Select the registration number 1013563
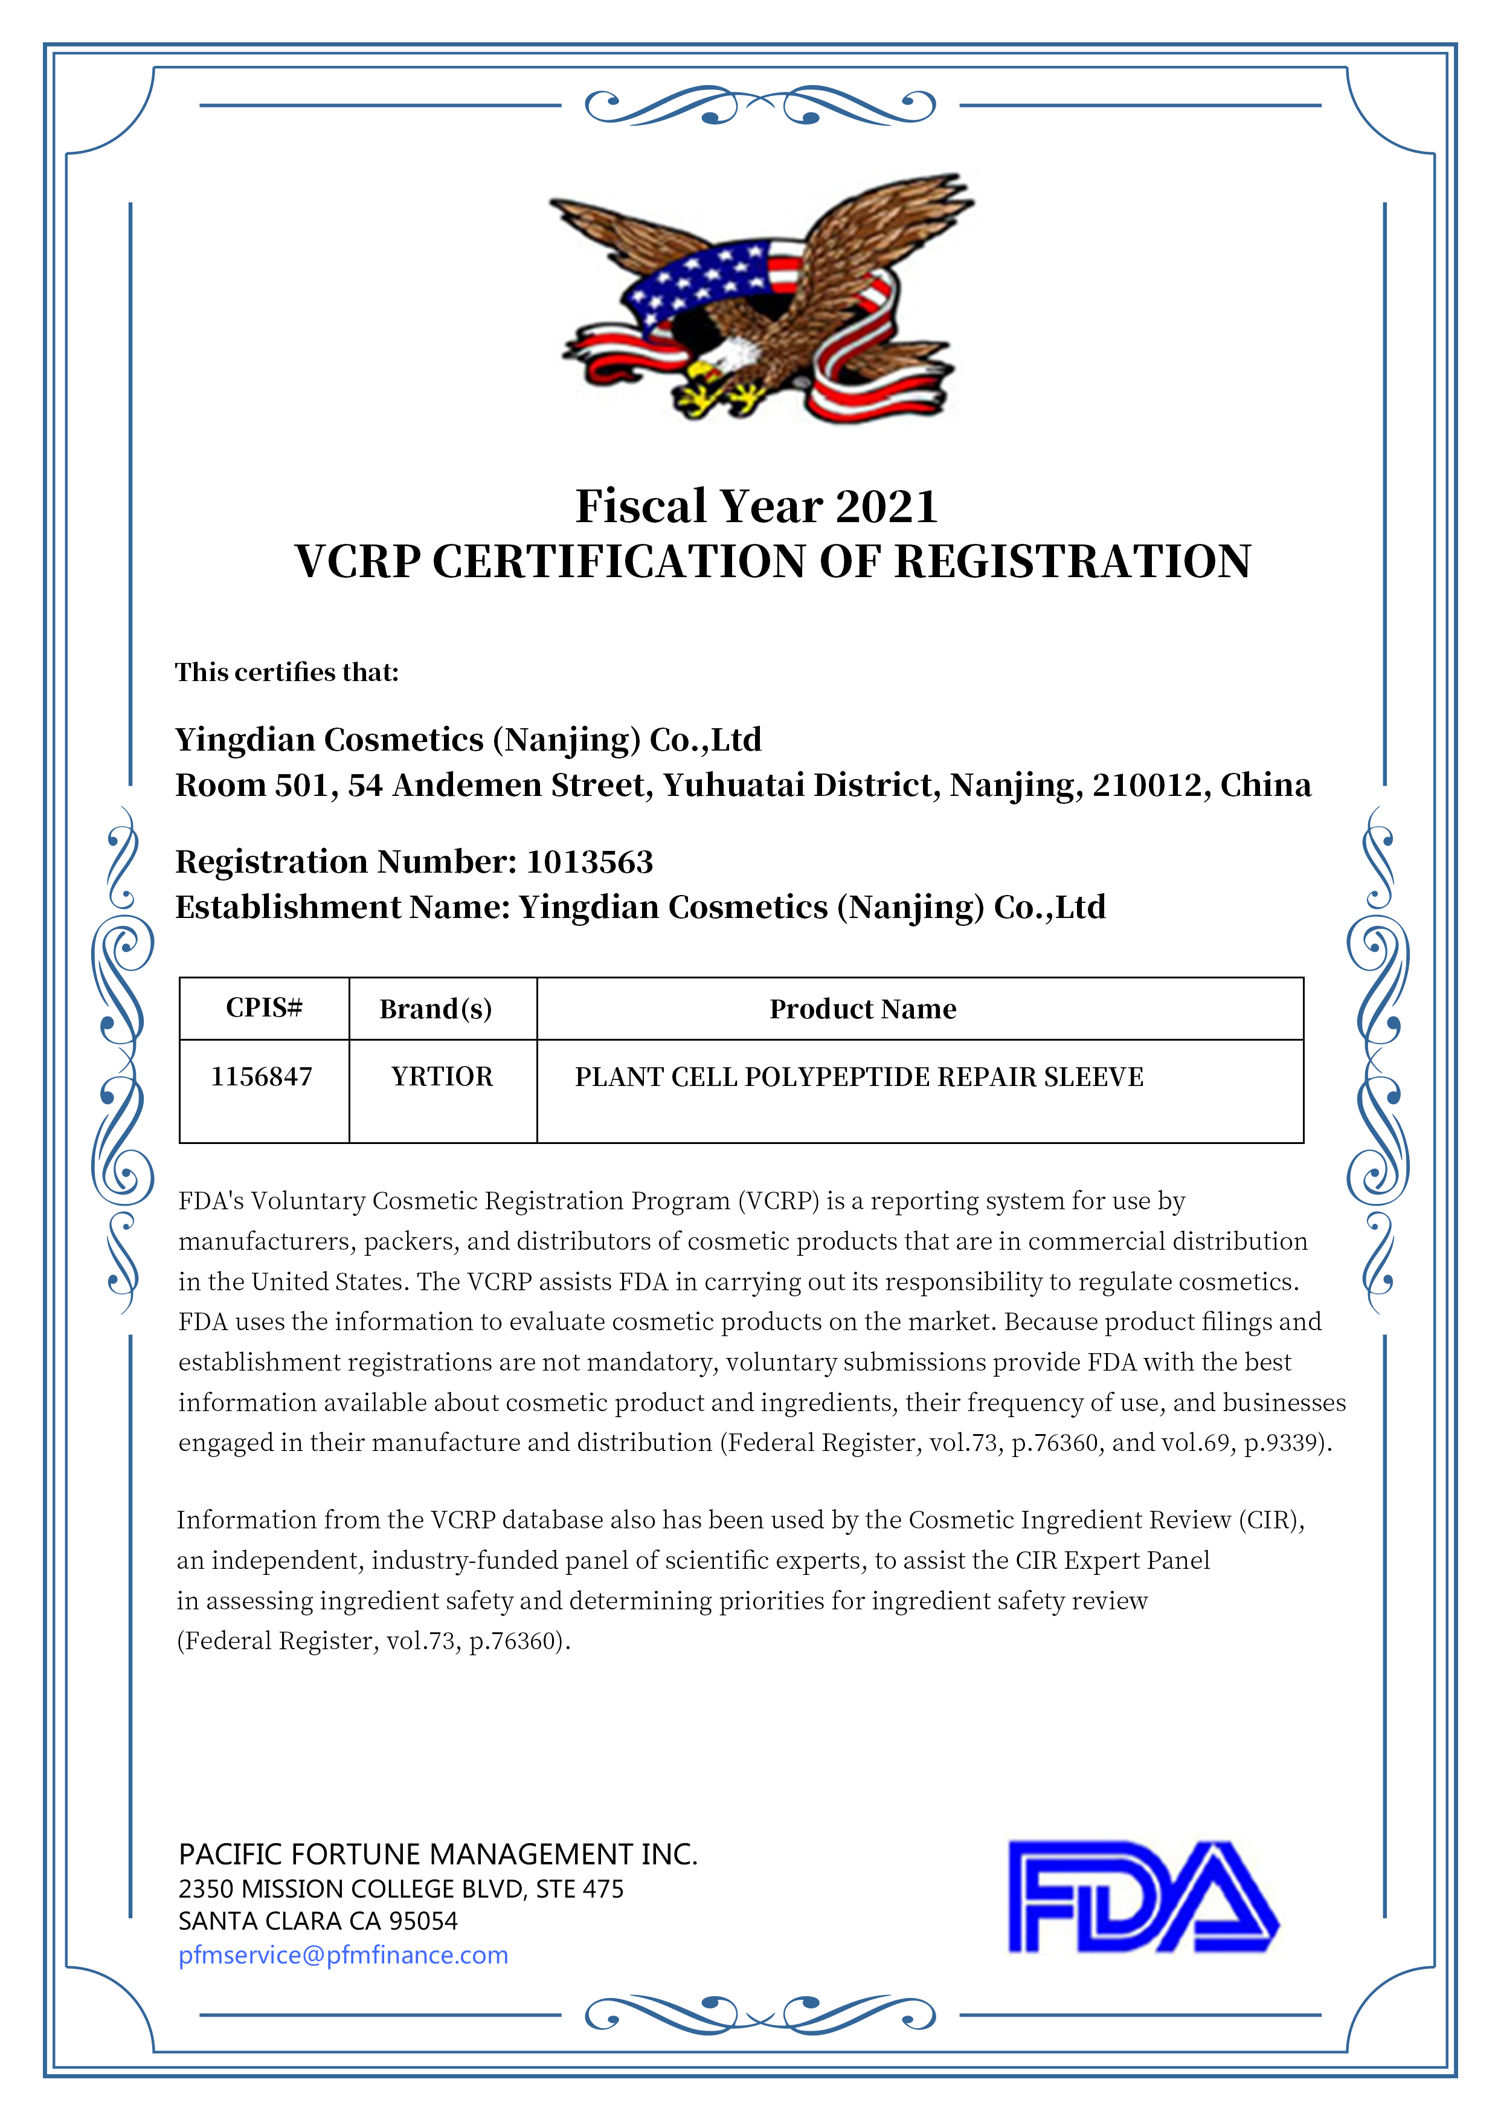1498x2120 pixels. (590, 862)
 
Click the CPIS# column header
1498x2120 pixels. (264, 1007)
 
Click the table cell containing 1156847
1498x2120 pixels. (262, 1077)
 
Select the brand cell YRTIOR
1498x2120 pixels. (442, 1077)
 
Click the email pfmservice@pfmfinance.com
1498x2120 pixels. (343, 1955)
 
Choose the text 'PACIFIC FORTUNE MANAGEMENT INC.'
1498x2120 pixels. (437, 1854)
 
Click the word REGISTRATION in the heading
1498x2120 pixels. (1073, 561)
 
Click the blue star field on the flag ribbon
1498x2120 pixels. (701, 277)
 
